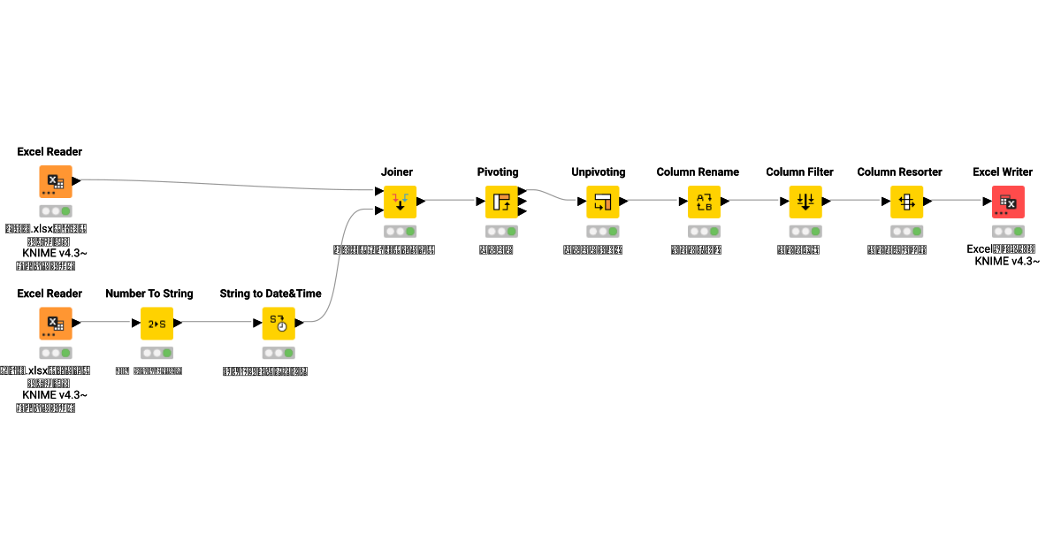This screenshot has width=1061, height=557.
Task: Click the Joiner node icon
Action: click(400, 202)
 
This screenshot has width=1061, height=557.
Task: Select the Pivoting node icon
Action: click(501, 202)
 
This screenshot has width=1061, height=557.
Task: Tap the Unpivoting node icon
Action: click(603, 202)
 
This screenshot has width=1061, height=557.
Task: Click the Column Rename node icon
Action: click(705, 202)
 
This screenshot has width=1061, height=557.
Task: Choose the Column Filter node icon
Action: click(805, 202)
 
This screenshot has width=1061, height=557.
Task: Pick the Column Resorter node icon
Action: click(906, 202)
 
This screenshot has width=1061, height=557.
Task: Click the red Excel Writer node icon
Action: click(1008, 202)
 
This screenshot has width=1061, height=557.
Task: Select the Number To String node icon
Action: click(156, 324)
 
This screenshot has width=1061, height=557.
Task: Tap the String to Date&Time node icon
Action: click(279, 324)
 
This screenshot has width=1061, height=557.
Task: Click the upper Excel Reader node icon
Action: click(56, 181)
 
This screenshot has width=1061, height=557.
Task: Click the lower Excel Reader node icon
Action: click(56, 324)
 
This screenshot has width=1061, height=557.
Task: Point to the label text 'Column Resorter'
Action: click(899, 172)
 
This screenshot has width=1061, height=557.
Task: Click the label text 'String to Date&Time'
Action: click(271, 294)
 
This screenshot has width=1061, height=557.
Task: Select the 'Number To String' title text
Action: click(149, 294)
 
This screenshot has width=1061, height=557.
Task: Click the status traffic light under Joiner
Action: click(400, 231)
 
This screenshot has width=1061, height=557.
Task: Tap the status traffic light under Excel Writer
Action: click(1008, 231)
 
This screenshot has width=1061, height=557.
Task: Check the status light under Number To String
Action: click(156, 353)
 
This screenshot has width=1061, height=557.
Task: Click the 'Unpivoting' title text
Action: click(599, 172)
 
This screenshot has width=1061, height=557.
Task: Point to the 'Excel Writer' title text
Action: click(1003, 172)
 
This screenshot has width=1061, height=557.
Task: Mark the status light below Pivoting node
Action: click(501, 231)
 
